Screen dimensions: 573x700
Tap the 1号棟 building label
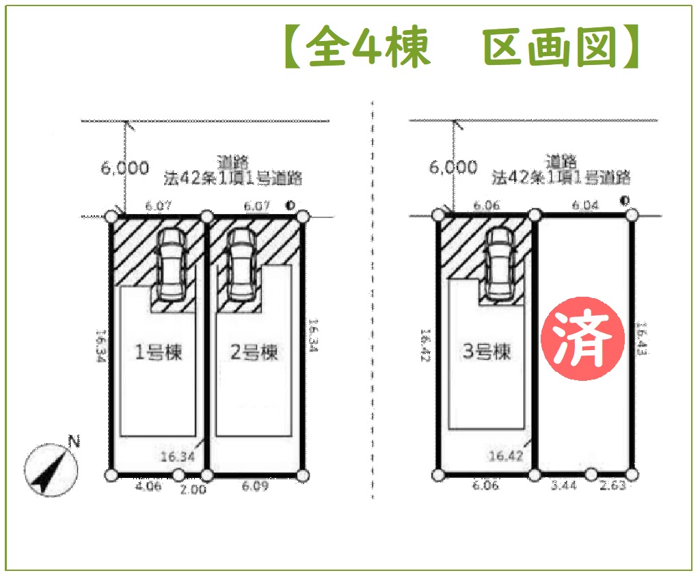[x=159, y=354]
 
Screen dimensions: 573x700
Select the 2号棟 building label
[x=254, y=354]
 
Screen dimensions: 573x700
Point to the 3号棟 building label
[x=487, y=353]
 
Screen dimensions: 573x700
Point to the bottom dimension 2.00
[x=193, y=489]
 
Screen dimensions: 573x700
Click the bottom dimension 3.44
[x=563, y=486]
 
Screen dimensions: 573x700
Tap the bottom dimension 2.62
[x=612, y=486]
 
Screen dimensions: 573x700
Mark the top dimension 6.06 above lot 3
[x=487, y=204]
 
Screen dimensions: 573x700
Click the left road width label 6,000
[x=125, y=168]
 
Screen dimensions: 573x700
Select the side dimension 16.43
[x=641, y=339]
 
